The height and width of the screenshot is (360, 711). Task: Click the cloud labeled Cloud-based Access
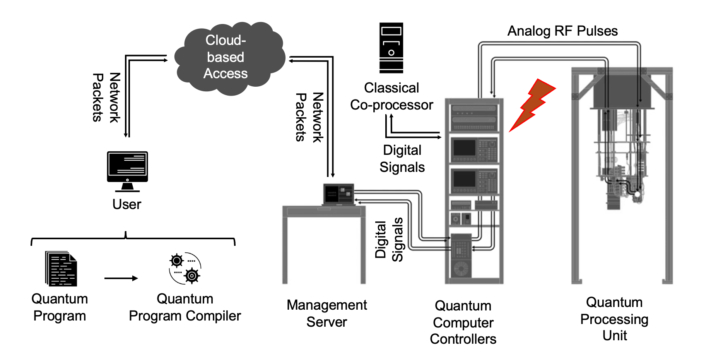228,58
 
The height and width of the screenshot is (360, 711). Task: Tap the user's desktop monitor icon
127,170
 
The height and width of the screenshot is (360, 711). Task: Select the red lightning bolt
531,105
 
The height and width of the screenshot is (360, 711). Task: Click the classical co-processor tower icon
391,48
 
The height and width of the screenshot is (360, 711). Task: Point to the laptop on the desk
338,194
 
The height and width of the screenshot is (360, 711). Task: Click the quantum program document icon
61,269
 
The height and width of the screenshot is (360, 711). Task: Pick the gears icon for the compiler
185,268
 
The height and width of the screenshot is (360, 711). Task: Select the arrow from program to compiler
121,278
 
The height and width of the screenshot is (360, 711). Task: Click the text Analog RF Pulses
562,31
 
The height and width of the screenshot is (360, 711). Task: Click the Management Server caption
326,313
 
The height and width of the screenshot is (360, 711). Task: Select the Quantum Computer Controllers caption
463,322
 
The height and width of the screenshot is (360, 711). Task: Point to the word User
126,204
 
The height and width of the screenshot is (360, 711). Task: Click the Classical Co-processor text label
391,96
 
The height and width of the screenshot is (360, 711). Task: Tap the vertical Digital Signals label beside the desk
389,240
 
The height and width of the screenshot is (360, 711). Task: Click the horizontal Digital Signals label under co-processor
402,158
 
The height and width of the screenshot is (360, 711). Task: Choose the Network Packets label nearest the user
106,98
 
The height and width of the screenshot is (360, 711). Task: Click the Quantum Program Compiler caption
185,307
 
